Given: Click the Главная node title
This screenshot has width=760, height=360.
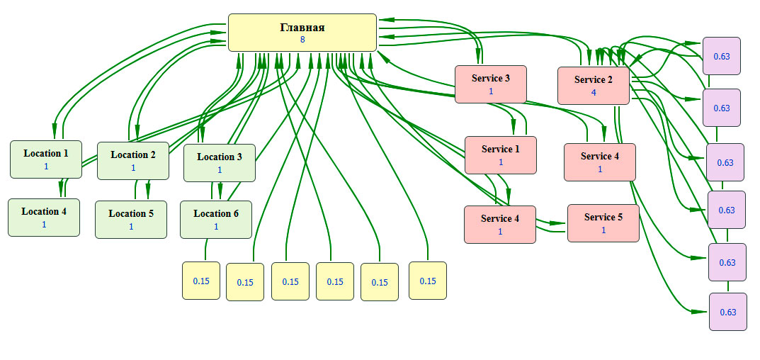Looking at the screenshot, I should coord(302,28).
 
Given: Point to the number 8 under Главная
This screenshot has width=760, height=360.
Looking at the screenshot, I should coord(302,40).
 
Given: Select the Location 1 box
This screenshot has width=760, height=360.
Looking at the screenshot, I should coord(45,159).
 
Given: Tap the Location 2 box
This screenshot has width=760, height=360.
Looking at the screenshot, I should coord(132,160).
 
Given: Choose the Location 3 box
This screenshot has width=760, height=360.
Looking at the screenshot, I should coord(219,162).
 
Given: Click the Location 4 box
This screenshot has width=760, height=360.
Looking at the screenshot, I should coord(44,217).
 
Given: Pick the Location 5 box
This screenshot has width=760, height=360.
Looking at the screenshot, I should coord(131,219).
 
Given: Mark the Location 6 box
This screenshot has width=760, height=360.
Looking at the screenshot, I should coord(216,219).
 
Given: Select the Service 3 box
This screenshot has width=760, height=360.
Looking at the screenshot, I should coord(490,84).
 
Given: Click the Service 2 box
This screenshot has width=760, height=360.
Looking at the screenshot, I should coord(594,85).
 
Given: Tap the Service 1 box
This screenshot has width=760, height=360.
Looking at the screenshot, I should coord(500,154).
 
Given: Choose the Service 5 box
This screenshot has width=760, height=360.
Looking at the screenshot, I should coord(603,223).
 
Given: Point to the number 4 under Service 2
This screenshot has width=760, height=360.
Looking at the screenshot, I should coord(594,92).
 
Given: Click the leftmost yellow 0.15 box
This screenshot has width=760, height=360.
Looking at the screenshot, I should coord(201,281).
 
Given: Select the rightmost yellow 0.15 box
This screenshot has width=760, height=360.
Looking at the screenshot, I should coord(428,281).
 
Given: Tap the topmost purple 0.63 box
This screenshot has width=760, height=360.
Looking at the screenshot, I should coord(721,56).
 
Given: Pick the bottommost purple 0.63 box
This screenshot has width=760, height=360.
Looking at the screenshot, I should coord(727,312).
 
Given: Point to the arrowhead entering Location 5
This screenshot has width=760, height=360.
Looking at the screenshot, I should coord(147,196).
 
